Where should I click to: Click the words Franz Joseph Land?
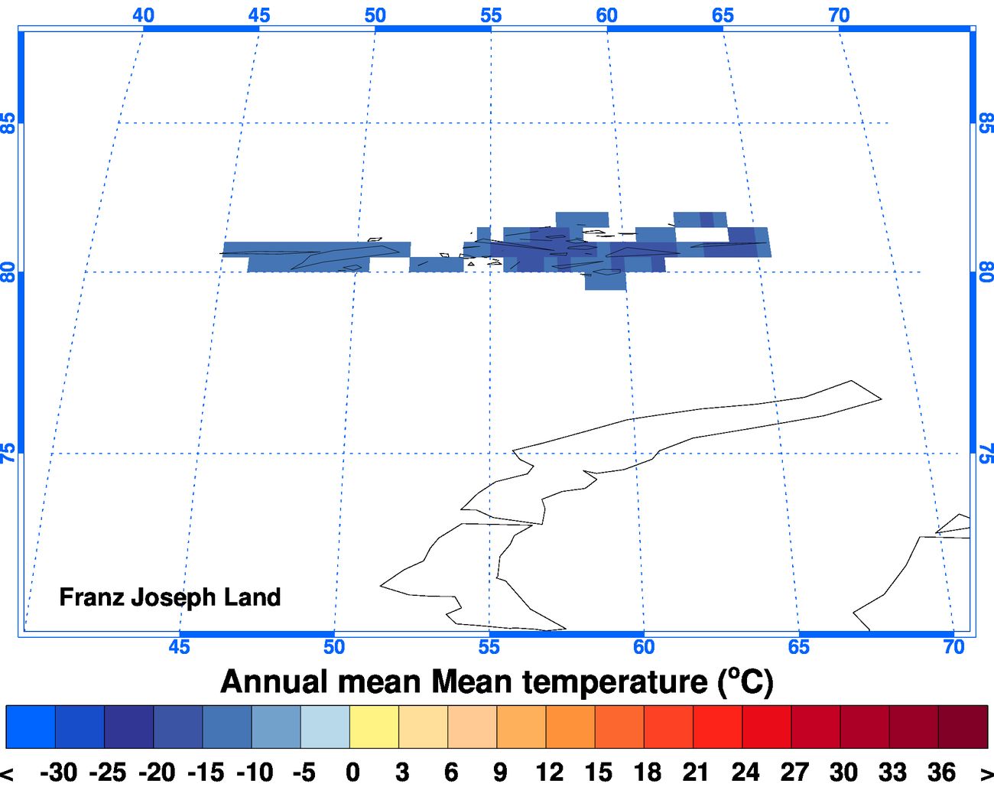click(170, 597)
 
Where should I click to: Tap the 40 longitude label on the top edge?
click(143, 15)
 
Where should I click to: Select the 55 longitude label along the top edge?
click(491, 15)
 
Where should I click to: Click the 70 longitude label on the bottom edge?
click(953, 647)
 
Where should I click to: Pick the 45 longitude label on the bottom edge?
click(179, 647)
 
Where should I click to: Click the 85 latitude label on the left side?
click(8, 123)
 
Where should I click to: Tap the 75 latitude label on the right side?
click(986, 454)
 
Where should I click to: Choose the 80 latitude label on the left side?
click(8, 272)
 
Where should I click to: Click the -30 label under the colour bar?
click(59, 772)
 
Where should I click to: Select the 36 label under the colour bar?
click(941, 772)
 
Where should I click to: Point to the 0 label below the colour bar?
click(352, 772)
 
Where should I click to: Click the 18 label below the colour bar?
click(647, 772)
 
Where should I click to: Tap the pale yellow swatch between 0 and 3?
click(374, 727)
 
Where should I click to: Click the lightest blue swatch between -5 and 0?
click(325, 727)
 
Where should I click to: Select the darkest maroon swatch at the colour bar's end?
click(963, 727)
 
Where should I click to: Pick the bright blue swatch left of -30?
click(31, 727)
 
